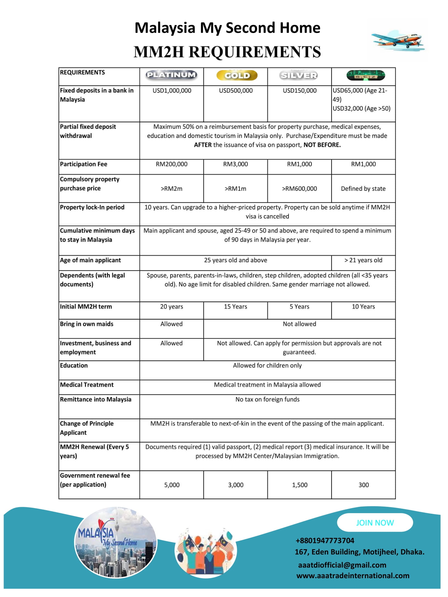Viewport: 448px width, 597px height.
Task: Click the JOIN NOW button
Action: pyautogui.click(x=375, y=523)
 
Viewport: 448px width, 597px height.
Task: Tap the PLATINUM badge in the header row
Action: pyautogui.click(x=171, y=75)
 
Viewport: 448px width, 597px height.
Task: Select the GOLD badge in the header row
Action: pyautogui.click(x=237, y=76)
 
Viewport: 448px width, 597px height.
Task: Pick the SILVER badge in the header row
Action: pyautogui.click(x=299, y=76)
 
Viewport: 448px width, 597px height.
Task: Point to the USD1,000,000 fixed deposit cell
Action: pyautogui.click(x=172, y=91)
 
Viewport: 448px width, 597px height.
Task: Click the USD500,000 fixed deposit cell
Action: pyautogui.click(x=236, y=91)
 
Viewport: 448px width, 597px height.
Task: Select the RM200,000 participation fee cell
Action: pyautogui.click(x=171, y=164)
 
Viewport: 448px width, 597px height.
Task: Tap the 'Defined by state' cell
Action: pyautogui.click(x=363, y=189)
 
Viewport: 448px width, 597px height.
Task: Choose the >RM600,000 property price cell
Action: pyautogui.click(x=299, y=189)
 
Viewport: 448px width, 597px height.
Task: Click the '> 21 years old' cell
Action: pyautogui.click(x=363, y=260)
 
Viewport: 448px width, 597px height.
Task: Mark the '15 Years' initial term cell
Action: pyautogui.click(x=235, y=307)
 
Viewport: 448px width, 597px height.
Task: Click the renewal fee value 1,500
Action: pyautogui.click(x=300, y=485)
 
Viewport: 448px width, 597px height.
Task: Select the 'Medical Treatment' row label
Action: pyautogui.click(x=87, y=385)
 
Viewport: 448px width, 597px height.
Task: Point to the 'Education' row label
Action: pyautogui.click(x=74, y=366)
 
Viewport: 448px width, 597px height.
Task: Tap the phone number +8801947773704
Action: pyautogui.click(x=325, y=541)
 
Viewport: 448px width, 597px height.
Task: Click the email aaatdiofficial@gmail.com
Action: pyautogui.click(x=342, y=565)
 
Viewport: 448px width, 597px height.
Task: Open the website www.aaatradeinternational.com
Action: pyautogui.click(x=353, y=576)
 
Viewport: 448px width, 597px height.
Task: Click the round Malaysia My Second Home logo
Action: pyautogui.click(x=115, y=542)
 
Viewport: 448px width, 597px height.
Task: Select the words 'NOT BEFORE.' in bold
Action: pyautogui.click(x=322, y=145)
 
